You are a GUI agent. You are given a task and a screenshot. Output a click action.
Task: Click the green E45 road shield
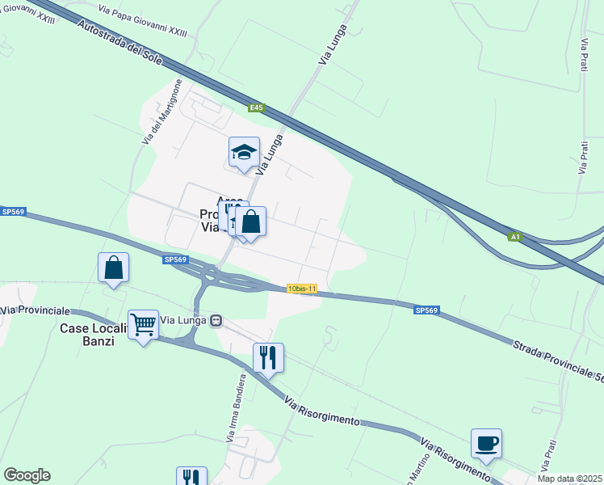pos(256,108)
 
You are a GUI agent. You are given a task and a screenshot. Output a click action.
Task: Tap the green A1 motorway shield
pos(515,237)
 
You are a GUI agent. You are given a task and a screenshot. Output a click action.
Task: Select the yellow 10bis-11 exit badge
pos(302,289)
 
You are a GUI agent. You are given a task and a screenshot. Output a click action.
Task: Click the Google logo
pos(27,475)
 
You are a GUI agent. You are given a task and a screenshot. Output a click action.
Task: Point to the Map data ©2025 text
pos(570,479)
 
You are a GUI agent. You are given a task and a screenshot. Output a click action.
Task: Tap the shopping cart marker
pos(144,325)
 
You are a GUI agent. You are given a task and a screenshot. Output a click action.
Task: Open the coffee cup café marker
pos(486,444)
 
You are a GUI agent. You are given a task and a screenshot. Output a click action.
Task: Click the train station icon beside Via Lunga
pos(216,321)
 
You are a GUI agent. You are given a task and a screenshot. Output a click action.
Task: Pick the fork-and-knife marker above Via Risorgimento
pos(268,356)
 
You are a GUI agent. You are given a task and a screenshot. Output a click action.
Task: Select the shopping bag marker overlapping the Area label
pos(251,221)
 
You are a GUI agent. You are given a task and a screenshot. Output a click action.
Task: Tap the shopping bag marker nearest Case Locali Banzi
pos(114,268)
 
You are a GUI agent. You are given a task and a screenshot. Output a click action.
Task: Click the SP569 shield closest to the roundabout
pos(174,260)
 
